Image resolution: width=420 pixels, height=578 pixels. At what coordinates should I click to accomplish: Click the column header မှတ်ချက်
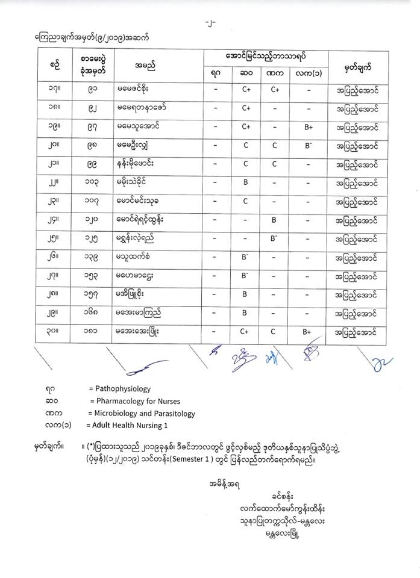pyautogui.click(x=357, y=64)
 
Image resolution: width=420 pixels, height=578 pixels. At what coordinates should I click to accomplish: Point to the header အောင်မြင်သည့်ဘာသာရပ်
pyautogui.click(x=266, y=55)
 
